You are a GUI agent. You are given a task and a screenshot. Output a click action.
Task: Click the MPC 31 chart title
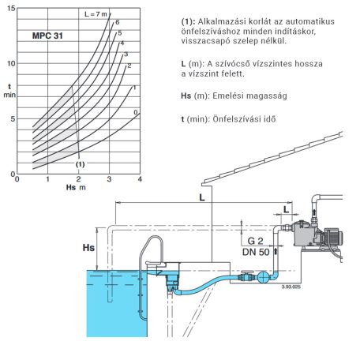47,36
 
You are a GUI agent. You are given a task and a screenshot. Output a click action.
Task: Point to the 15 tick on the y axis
11,9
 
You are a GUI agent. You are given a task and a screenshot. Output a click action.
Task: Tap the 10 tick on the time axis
11,63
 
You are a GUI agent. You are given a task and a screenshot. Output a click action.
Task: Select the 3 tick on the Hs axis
109,179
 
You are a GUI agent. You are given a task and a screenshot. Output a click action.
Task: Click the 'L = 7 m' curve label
96,14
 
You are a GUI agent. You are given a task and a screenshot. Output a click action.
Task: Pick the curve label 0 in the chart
136,112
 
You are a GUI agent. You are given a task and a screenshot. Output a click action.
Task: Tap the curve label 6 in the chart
118,22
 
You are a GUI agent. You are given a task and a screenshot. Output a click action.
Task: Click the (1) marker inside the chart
81,164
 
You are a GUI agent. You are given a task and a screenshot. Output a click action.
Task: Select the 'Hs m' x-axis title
76,187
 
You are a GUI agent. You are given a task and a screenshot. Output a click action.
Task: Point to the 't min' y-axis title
9,91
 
